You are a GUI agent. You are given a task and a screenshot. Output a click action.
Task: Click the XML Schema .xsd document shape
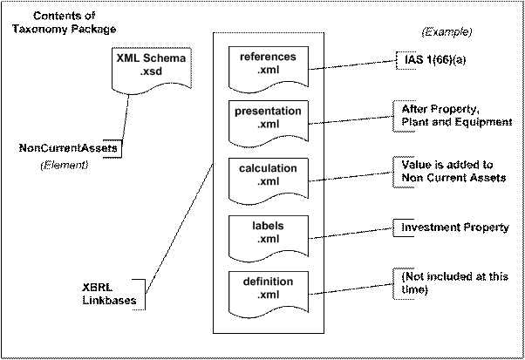[x=152, y=71]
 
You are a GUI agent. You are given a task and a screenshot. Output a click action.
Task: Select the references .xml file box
[x=269, y=70]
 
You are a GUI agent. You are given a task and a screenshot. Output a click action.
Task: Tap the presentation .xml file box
[x=269, y=124]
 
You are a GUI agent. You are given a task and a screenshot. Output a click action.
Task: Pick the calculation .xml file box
[x=269, y=181]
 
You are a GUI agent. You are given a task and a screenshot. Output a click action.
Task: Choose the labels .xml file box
[x=269, y=239]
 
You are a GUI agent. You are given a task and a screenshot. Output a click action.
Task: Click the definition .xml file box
[x=269, y=295]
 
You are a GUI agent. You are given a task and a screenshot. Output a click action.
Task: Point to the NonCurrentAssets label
[x=68, y=148]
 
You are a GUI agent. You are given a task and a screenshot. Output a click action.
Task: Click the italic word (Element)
[x=64, y=165]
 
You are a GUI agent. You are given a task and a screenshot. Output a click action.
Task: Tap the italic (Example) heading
[x=447, y=31]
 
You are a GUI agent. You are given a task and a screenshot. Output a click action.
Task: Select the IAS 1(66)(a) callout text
[x=435, y=60]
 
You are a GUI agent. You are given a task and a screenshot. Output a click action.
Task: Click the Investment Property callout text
[x=455, y=228]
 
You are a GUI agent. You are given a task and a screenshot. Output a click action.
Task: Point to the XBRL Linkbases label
[x=109, y=294]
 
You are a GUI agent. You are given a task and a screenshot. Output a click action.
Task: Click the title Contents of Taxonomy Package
[x=65, y=23]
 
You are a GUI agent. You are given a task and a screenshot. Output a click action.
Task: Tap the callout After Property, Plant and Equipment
[x=457, y=115]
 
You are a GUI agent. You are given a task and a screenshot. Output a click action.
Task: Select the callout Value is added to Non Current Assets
[x=453, y=171]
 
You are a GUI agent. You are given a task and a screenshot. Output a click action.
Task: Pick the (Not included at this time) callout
[x=454, y=282]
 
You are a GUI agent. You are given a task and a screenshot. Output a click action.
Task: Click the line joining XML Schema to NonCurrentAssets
[x=126, y=118]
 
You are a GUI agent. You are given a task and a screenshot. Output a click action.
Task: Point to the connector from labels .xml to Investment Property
[x=351, y=234]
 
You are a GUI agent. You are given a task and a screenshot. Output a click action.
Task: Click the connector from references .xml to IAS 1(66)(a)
[x=352, y=65]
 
